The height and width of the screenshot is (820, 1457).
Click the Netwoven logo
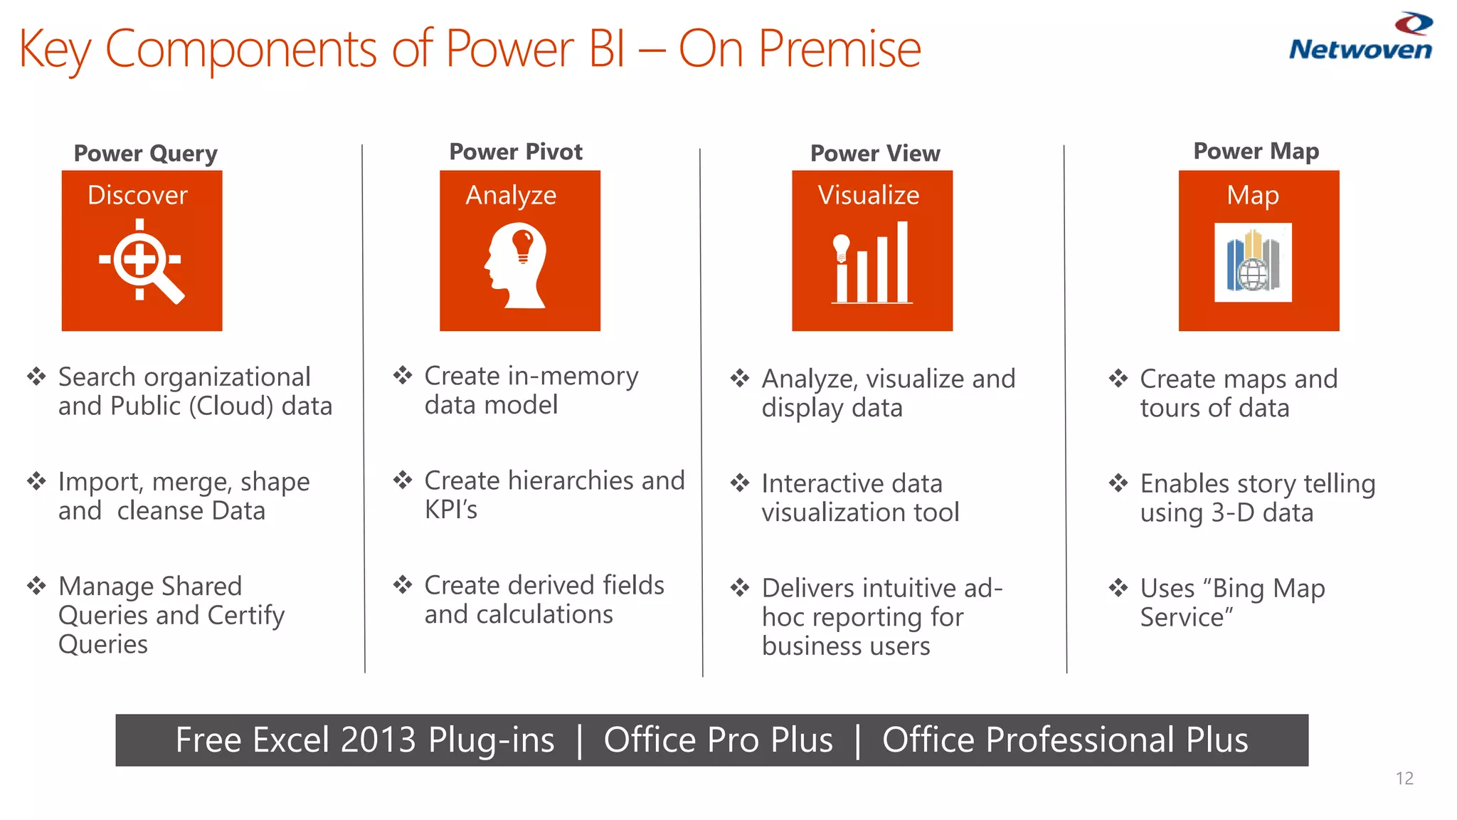1360,38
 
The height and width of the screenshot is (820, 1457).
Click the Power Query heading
146,153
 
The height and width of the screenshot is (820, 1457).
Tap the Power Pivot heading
516,152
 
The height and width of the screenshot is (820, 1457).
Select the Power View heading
875,153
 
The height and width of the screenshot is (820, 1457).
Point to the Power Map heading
1256,151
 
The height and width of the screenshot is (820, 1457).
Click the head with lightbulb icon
517,265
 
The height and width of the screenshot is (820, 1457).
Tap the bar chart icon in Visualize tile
872,263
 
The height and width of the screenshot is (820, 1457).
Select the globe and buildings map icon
1253,263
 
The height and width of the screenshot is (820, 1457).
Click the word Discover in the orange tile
137,195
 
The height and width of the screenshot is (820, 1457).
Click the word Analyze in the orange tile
511,195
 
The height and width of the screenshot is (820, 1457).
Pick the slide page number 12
1404,778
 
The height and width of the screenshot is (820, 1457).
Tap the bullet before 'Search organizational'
36,376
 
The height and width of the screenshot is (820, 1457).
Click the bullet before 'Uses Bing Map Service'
1118,588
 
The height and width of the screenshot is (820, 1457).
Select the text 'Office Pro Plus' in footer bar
718,740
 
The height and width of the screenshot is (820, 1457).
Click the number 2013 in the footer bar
378,740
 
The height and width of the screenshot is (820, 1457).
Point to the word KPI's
451,510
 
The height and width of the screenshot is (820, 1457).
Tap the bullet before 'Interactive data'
740,483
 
